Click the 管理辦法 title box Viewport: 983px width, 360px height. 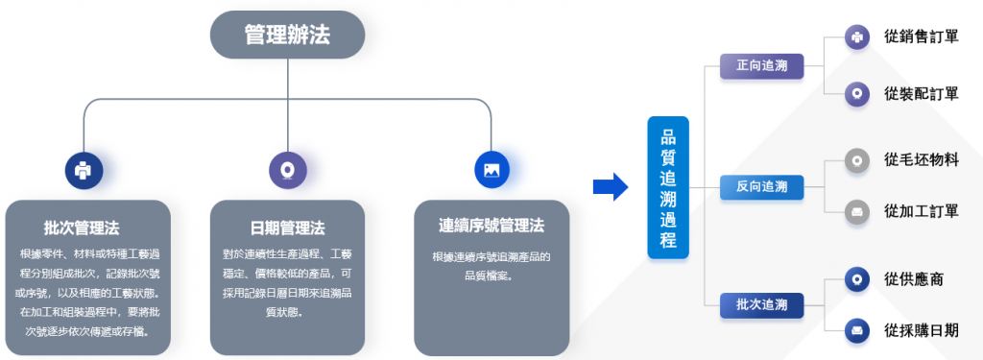pos(287,36)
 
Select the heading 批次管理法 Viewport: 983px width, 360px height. pos(83,228)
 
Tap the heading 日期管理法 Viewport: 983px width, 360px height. pos(287,228)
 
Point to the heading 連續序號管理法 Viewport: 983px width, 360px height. pos(491,227)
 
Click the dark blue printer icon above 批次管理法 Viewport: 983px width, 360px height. pos(84,170)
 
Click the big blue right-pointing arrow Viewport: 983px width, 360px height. pos(610,185)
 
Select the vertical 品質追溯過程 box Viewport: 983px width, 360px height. pos(668,187)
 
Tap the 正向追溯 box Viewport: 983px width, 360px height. pos(762,68)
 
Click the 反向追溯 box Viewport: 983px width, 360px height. pos(762,186)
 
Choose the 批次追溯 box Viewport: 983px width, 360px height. pos(762,305)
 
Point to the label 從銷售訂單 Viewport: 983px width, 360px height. pos(921,37)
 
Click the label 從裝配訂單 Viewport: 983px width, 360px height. pos(921,93)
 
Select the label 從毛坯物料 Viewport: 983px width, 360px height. pos(921,159)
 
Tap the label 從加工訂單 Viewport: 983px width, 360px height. pos(921,211)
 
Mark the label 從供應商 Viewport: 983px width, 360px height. pos(913,279)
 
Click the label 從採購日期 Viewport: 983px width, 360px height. pos(921,330)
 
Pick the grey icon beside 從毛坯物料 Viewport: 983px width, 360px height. pos(856,160)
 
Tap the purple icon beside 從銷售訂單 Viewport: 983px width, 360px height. pos(856,38)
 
